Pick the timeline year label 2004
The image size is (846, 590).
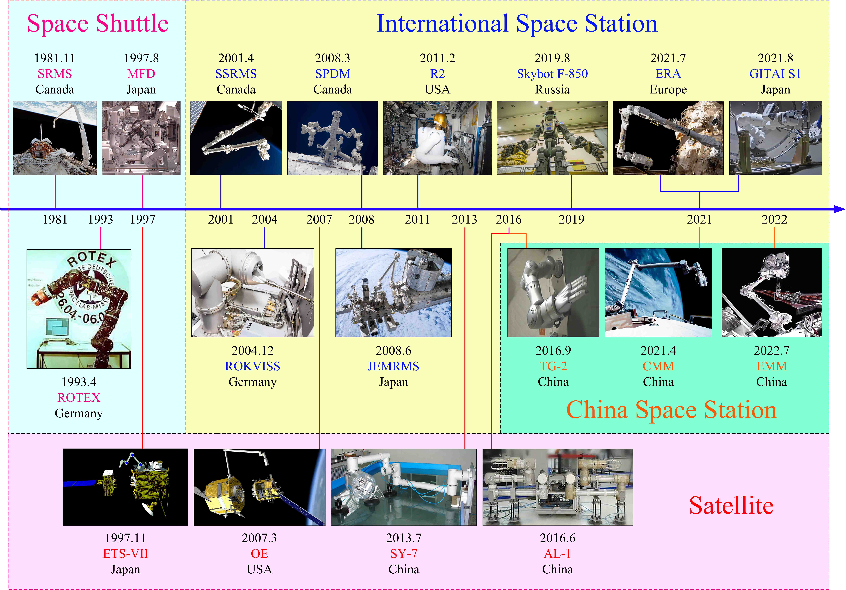[265, 219]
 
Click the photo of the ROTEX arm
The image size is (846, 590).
[79, 309]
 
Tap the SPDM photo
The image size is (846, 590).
[333, 138]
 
